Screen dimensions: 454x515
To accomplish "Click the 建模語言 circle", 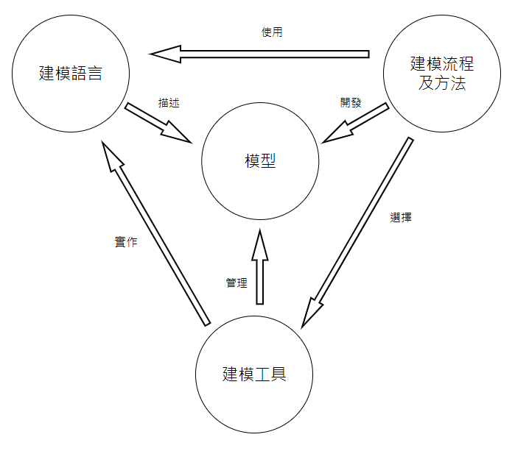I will pos(71,96).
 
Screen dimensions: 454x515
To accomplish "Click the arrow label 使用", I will pos(272,32).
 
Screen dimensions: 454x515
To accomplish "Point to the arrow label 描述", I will pos(169,103).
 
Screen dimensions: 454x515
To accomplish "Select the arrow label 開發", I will pos(351,103).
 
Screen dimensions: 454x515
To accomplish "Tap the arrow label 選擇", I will pos(400,218).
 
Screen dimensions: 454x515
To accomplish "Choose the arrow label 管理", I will pos(237,283).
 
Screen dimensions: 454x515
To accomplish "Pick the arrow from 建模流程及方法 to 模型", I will pos(356,123).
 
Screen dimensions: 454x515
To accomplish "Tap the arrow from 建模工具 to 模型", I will pos(259,269).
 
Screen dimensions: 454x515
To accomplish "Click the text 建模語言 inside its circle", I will pos(70,74).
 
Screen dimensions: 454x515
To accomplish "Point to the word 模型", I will pos(260,161).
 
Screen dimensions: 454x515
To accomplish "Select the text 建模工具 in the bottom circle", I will pos(254,374).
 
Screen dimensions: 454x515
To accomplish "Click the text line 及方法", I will pos(442,82).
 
